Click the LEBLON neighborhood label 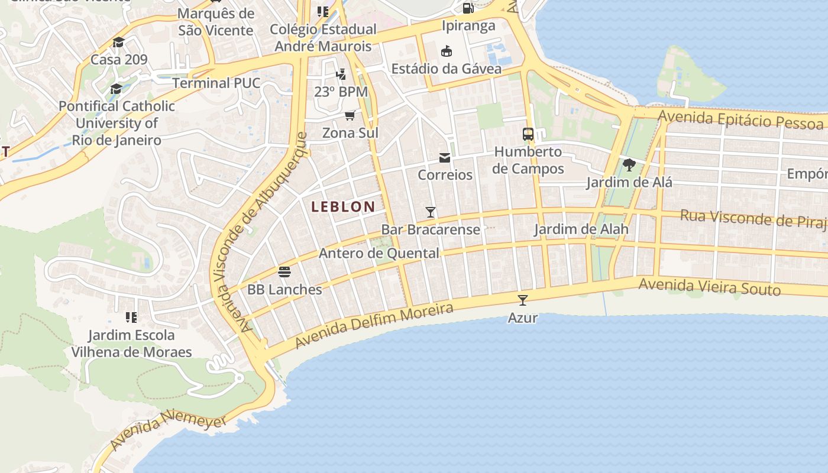tap(343, 206)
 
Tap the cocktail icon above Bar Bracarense tap(431, 212)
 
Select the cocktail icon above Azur tap(522, 300)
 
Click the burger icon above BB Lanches tap(284, 272)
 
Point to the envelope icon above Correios tap(445, 157)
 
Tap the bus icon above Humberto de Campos tap(528, 134)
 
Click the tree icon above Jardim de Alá tap(629, 164)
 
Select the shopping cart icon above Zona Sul tap(350, 115)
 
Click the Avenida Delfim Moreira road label tap(374, 325)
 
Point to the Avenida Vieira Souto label tap(710, 287)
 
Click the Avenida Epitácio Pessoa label tap(740, 119)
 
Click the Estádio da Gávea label tap(447, 69)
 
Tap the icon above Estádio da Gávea tap(447, 51)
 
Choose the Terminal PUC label tap(216, 83)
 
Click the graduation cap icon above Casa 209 tap(119, 42)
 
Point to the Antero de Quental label tap(379, 254)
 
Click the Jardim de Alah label tap(581, 229)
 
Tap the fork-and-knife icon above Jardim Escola tap(131, 318)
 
